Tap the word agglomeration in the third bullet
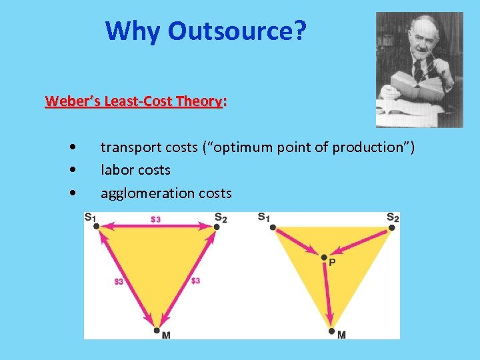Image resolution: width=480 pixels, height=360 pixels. click(x=138, y=193)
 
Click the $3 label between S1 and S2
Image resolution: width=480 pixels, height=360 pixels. click(x=155, y=219)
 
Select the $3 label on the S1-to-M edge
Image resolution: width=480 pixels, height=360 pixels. click(x=118, y=281)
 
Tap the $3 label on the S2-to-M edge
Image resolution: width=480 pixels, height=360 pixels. click(x=195, y=281)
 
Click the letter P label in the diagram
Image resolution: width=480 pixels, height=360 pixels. click(x=332, y=263)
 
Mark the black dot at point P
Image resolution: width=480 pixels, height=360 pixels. click(x=324, y=257)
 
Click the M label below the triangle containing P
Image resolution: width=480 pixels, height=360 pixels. click(x=341, y=335)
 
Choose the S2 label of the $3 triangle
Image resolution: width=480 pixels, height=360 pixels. click(x=221, y=217)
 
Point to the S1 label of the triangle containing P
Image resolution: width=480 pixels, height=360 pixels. click(x=264, y=217)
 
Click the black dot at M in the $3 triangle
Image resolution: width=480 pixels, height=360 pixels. click(x=156, y=330)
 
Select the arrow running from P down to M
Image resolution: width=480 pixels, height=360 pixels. click(x=327, y=293)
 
